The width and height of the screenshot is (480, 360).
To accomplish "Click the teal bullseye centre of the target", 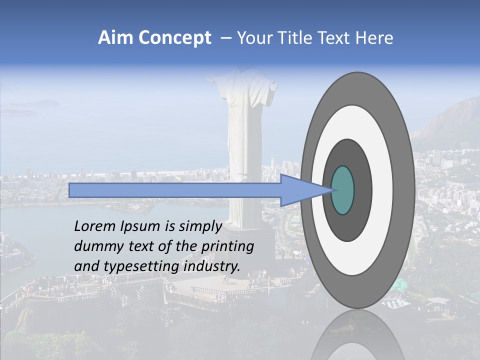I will click(342, 190).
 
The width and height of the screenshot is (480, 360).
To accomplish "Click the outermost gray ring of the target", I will click(404, 190).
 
